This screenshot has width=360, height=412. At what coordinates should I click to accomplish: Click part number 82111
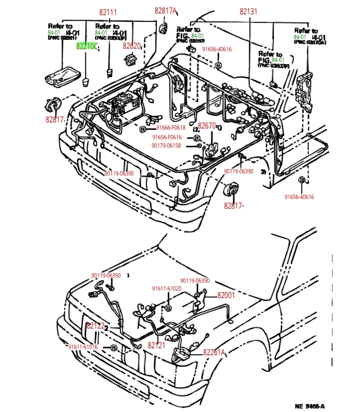pyautogui.click(x=108, y=12)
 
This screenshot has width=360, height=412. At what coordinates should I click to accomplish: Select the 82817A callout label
pyautogui.click(x=166, y=11)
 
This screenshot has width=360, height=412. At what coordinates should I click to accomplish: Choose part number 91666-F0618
pyautogui.click(x=171, y=129)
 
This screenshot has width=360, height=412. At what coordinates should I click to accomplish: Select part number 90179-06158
pyautogui.click(x=166, y=145)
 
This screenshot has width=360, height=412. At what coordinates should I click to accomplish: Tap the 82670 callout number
pyautogui.click(x=206, y=126)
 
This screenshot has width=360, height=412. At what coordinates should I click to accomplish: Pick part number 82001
pyautogui.click(x=226, y=295)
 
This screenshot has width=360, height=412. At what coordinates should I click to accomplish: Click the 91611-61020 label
pyautogui.click(x=166, y=288)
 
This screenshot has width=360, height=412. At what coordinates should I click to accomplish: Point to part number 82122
pyautogui.click(x=96, y=326)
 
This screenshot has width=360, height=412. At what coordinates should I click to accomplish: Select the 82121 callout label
pyautogui.click(x=156, y=345)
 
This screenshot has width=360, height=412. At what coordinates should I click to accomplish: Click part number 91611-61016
pyautogui.click(x=83, y=347)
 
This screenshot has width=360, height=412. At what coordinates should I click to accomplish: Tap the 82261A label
pyautogui.click(x=214, y=352)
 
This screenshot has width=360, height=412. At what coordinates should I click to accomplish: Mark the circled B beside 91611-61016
pyautogui.click(x=114, y=348)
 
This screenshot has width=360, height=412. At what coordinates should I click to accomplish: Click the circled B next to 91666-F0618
pyautogui.click(x=143, y=129)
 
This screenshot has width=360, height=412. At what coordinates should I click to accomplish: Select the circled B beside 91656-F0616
pyautogui.click(x=197, y=138)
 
